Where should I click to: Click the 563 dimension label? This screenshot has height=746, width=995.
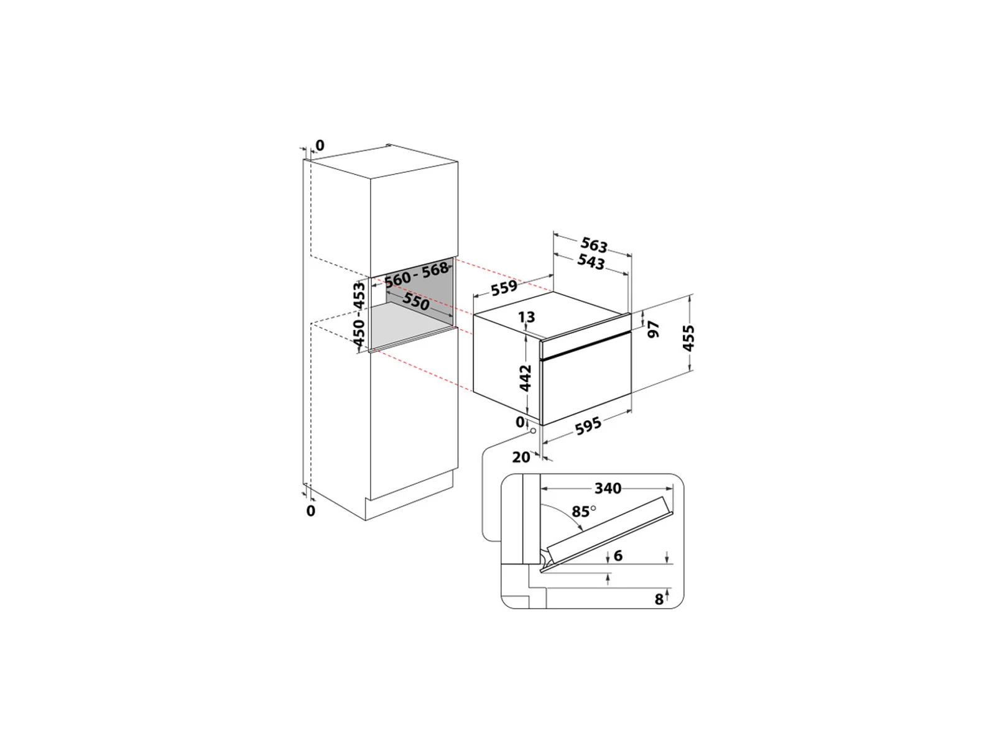[593, 244]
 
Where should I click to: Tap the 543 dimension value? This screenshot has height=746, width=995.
[591, 262]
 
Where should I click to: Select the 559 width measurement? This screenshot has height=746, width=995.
[504, 287]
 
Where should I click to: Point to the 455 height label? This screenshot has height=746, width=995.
[688, 338]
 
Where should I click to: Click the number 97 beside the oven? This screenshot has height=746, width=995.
[653, 329]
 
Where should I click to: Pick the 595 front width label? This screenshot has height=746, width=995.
[588, 426]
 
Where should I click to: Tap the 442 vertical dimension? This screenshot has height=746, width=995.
[525, 377]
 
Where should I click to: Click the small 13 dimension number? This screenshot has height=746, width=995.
[526, 316]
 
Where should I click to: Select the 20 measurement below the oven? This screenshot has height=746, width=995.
[521, 457]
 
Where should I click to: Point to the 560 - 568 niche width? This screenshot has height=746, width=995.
[417, 275]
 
